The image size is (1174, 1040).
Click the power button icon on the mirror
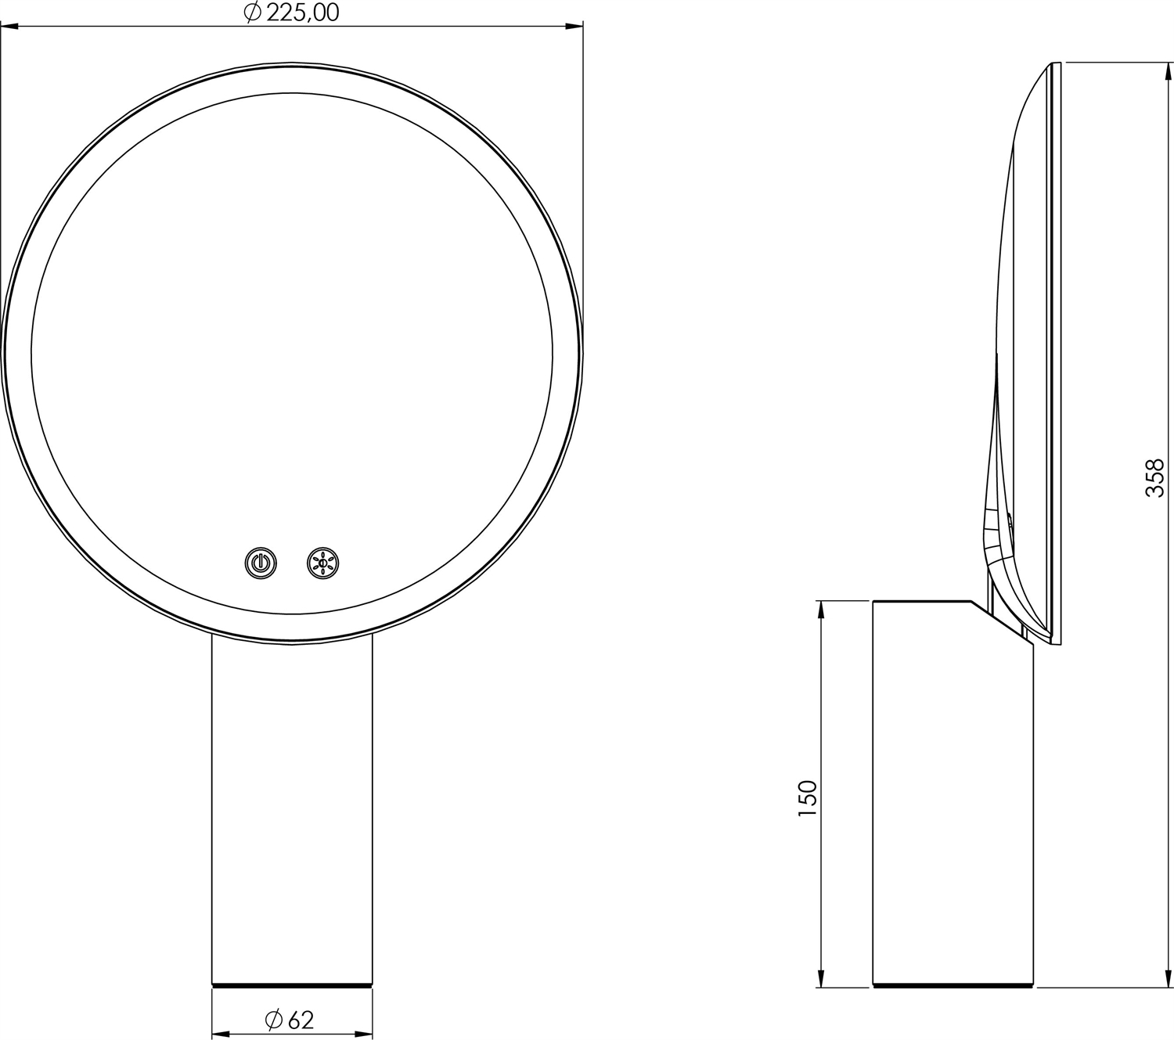[261, 563]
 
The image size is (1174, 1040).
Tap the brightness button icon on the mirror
[322, 563]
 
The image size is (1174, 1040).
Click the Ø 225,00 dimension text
[291, 13]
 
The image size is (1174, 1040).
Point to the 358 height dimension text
[1154, 478]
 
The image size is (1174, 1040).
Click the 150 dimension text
[807, 798]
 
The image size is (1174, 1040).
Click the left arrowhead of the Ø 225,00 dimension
[10, 26]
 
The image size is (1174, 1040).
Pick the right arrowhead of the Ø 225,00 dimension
[574, 26]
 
